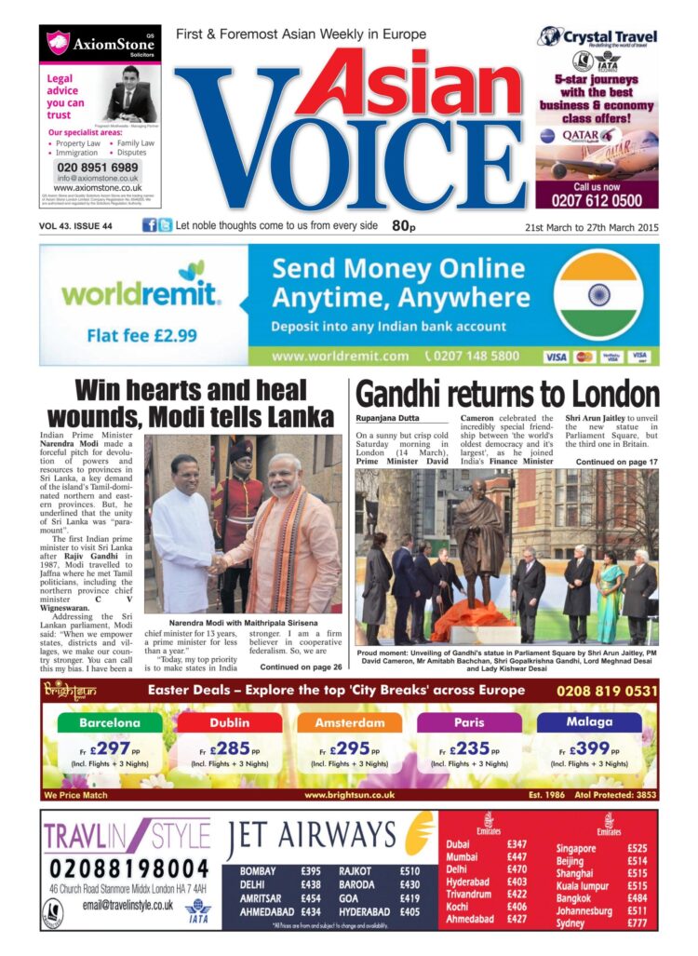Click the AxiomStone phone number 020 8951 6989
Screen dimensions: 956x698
98,167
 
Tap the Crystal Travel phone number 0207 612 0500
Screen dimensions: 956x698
596,199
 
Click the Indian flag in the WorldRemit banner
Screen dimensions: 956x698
599,296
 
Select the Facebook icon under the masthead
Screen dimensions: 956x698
149,225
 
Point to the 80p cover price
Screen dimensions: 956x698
403,225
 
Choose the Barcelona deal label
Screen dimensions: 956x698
110,722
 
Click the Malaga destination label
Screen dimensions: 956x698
589,722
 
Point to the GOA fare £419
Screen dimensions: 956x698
409,898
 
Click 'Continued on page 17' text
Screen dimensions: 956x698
616,462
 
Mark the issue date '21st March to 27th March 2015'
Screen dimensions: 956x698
591,226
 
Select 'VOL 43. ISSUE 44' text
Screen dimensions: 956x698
75,226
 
